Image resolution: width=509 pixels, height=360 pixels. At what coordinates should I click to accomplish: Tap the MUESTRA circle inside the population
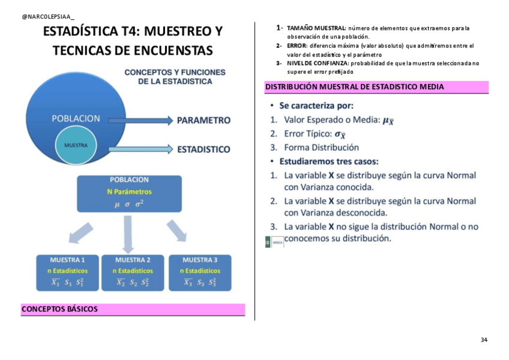click(x=76, y=145)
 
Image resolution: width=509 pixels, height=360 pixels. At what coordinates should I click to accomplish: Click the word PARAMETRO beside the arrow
click(x=204, y=120)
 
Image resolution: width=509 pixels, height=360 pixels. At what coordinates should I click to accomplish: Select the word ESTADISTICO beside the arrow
click(x=204, y=149)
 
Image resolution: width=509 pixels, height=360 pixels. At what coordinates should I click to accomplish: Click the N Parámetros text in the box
click(x=129, y=192)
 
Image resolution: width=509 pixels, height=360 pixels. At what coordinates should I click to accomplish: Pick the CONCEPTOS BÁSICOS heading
click(x=59, y=310)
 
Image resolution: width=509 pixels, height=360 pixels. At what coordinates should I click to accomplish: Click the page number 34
click(x=484, y=340)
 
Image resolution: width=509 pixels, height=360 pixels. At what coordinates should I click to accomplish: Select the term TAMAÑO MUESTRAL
click(x=316, y=28)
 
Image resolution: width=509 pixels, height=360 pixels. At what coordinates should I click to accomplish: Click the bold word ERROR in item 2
click(x=297, y=46)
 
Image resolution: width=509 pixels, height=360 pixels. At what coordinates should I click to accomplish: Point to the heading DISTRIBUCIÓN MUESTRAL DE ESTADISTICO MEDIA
click(x=355, y=87)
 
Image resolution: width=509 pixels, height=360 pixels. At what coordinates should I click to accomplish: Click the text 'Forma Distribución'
click(x=321, y=147)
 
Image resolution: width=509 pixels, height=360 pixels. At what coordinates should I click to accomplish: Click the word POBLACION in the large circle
click(x=76, y=119)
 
